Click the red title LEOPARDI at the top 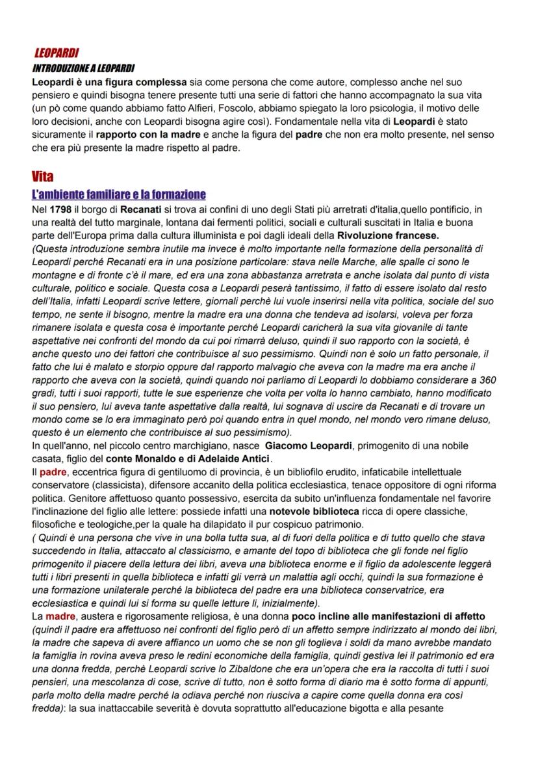56,53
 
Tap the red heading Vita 42,177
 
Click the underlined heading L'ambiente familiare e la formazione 118,194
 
